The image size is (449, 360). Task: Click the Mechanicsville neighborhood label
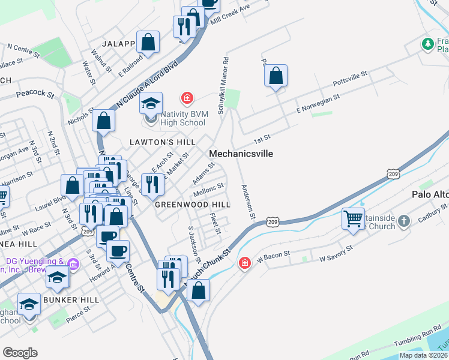point(241,154)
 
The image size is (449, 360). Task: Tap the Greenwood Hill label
point(193,204)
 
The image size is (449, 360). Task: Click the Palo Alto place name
point(430,194)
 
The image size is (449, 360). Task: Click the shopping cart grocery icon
point(354,218)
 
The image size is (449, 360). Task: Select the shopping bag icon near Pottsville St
point(276,76)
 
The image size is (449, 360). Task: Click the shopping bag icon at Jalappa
point(148,42)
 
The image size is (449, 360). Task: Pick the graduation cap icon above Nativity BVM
point(151,103)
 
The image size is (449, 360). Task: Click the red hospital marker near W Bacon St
point(244,263)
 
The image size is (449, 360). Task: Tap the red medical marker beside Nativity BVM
point(187,97)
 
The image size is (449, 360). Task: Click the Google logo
point(20,352)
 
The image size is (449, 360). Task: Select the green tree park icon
point(427,44)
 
